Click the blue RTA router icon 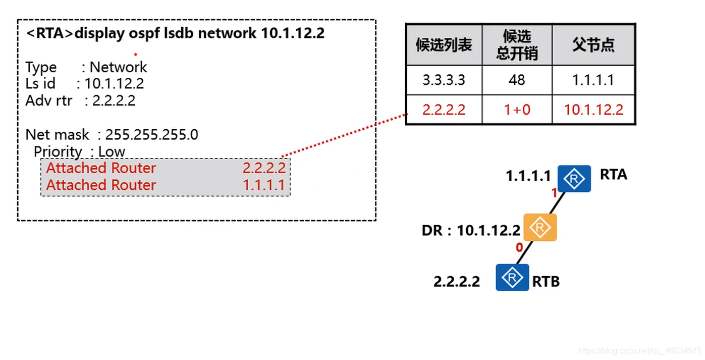point(574,179)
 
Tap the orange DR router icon point(540,227)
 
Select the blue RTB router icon point(512,277)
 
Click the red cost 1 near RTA point(554,193)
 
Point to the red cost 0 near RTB point(519,247)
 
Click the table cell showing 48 point(517,80)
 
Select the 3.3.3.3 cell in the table point(444,80)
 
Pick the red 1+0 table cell point(517,110)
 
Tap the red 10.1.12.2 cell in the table point(593,110)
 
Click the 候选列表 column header point(444,45)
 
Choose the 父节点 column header point(593,45)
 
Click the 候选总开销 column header point(517,45)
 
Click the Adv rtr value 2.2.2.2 point(114,100)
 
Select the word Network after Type point(118,67)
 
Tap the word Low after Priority point(112,151)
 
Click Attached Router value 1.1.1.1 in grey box point(264,185)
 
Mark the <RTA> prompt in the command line point(49,34)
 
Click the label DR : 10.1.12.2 point(471,231)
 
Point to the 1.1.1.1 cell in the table point(593,80)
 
